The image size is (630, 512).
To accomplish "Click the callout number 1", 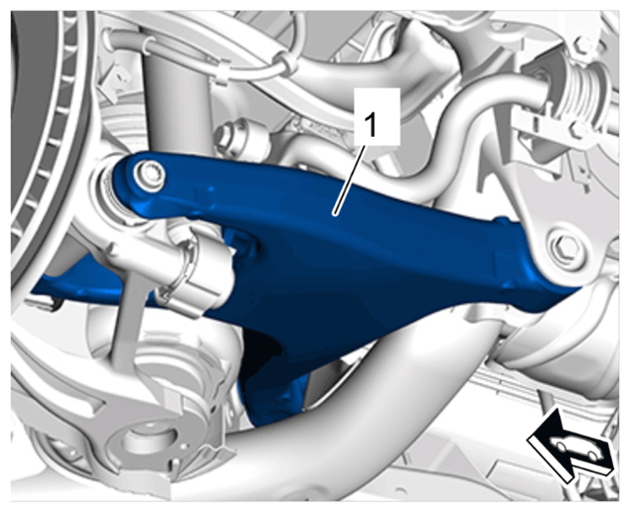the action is tap(370, 124).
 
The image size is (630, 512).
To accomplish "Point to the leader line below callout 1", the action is tap(349, 181).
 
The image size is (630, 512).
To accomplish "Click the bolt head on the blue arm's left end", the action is tap(149, 175).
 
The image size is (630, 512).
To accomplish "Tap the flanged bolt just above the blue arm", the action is tap(231, 138).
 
